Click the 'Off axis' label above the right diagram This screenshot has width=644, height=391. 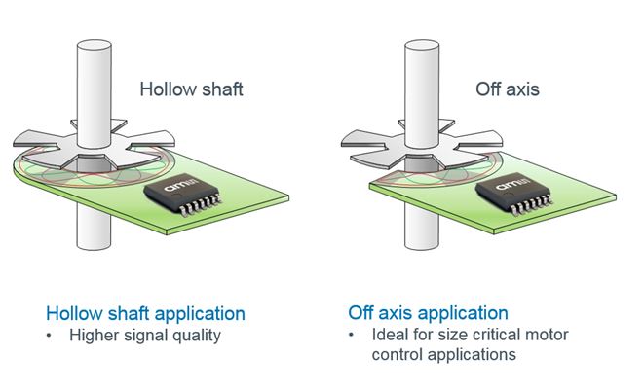click(x=507, y=89)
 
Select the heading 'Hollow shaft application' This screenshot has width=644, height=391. click(x=145, y=314)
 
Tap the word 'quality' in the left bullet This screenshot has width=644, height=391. click(x=197, y=336)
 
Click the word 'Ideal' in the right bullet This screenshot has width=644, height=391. click(x=391, y=336)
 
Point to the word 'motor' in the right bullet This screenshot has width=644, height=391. click(x=547, y=336)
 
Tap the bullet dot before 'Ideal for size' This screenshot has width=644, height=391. click(x=353, y=337)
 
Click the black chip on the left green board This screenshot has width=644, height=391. click(x=183, y=199)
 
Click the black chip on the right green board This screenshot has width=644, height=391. click(x=514, y=199)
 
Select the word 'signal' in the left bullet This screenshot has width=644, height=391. click(x=143, y=336)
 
